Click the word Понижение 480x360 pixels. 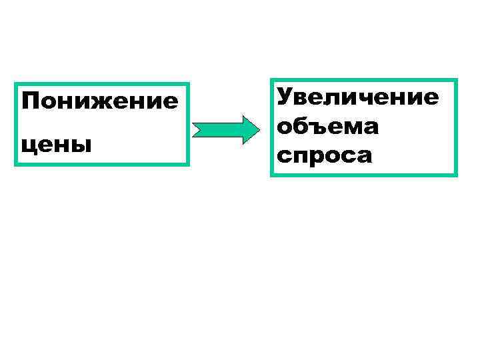[x=100, y=102]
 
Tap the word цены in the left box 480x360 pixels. [x=57, y=143]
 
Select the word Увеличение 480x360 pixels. [x=358, y=97]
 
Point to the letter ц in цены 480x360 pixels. [x=29, y=144]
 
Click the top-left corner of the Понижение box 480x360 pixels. [x=16, y=84]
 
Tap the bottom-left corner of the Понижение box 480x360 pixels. [x=16, y=163]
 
